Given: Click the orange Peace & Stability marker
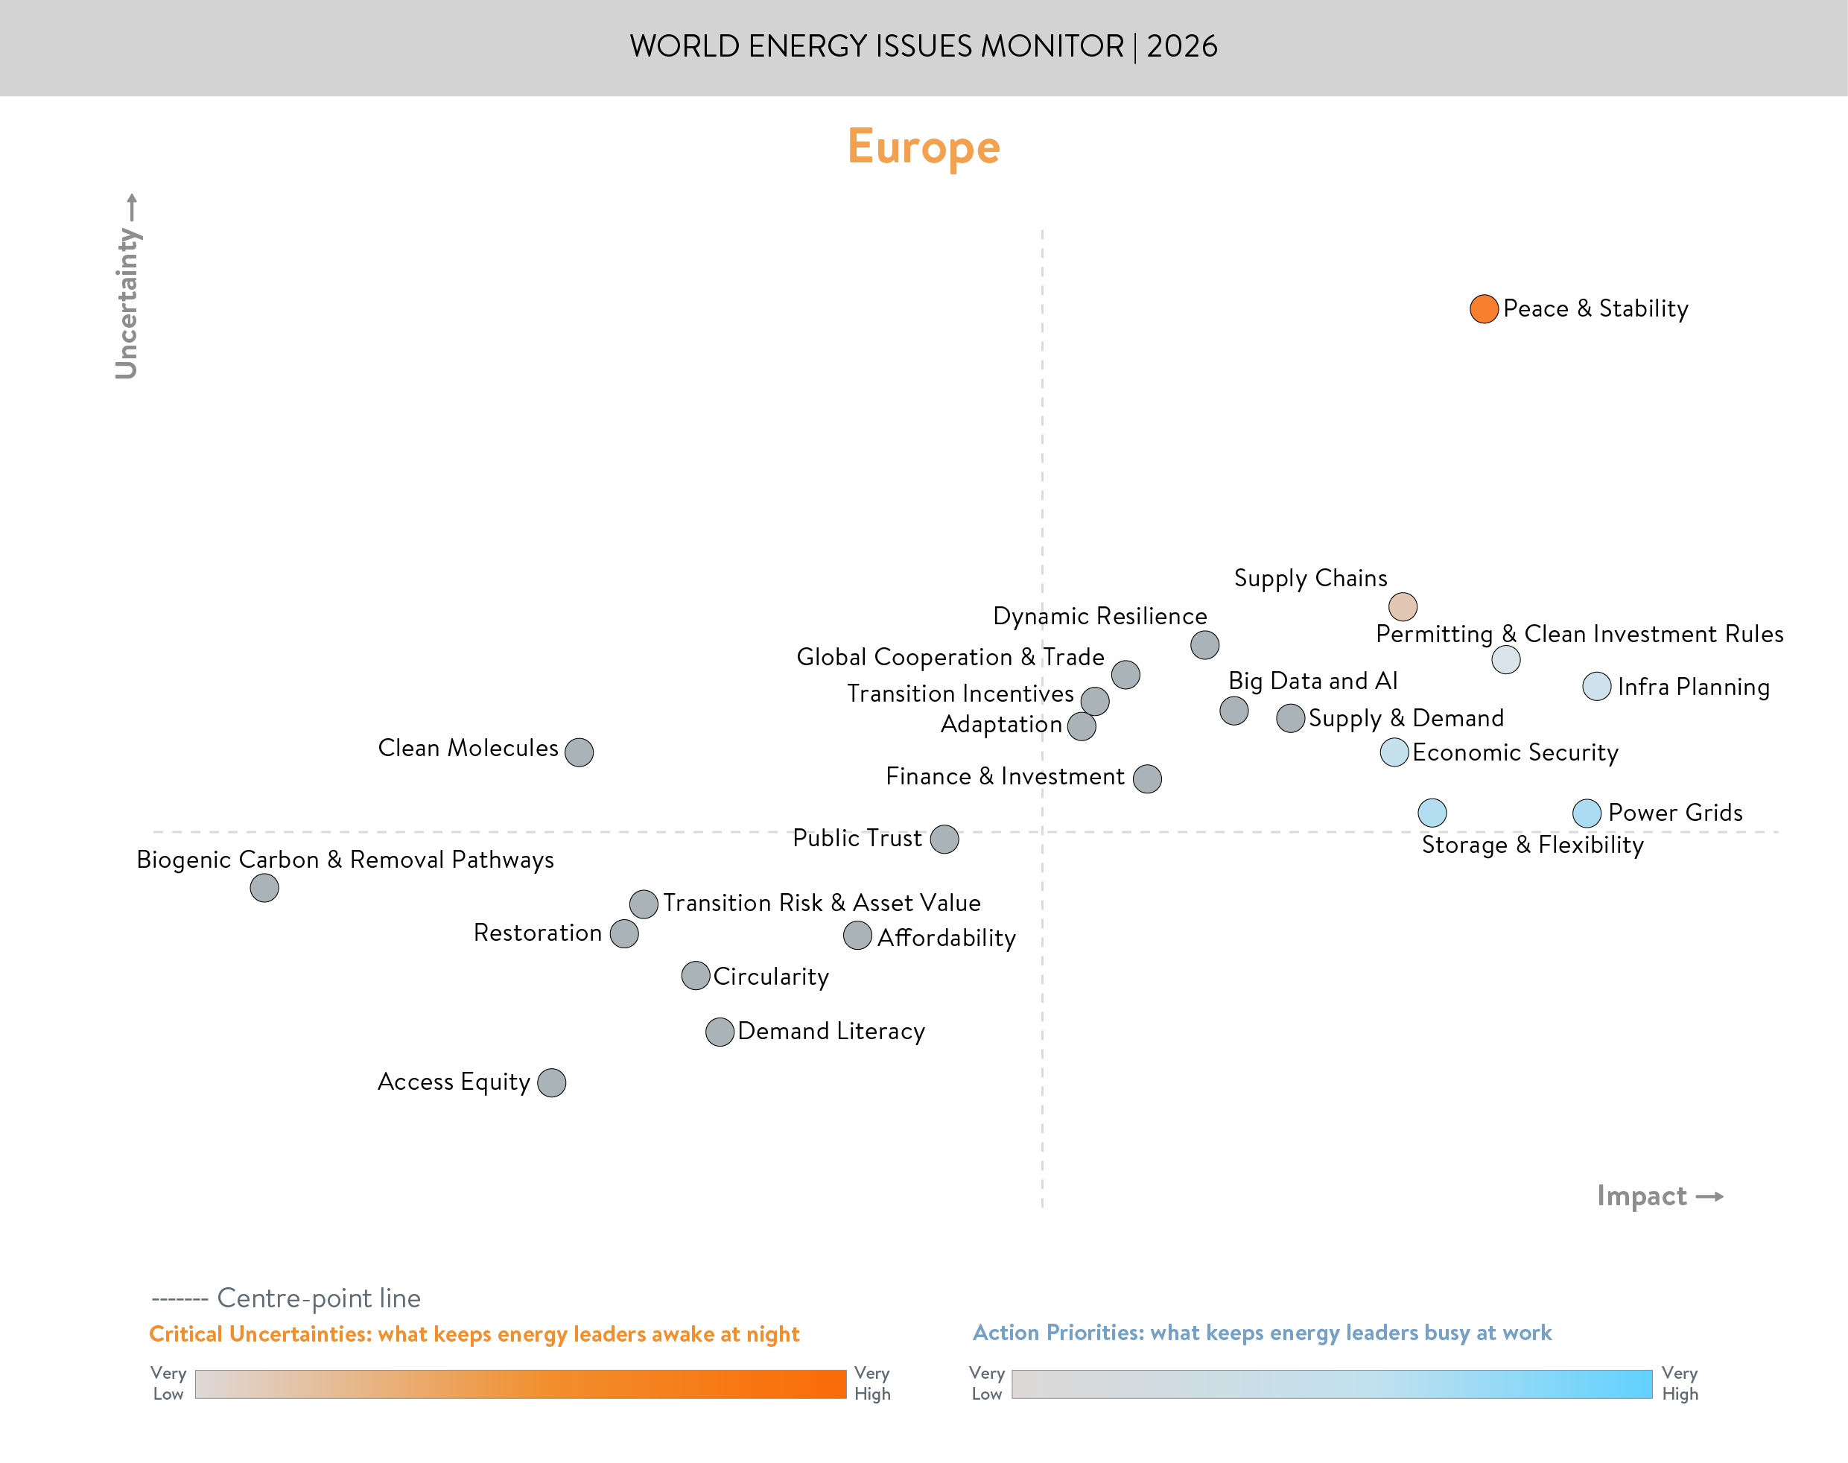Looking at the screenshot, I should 1483,309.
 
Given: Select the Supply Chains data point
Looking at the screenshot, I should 1402,606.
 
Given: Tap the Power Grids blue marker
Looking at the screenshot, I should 1586,813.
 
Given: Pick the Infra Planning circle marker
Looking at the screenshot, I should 1596,686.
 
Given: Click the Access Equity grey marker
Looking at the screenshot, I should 551,1082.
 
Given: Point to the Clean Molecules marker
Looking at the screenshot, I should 579,752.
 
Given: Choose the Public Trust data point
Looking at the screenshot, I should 944,840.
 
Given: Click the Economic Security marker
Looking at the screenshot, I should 1394,752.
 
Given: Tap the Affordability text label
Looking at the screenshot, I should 946,938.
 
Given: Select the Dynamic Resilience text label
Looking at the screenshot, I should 1099,617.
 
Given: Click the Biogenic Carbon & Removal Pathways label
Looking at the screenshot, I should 345,860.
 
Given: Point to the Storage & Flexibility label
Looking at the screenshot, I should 1532,845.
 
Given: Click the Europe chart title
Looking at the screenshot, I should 923,147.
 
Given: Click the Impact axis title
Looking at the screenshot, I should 1642,1196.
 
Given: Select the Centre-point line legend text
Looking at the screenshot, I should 319,1298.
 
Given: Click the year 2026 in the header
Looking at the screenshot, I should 1182,46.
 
